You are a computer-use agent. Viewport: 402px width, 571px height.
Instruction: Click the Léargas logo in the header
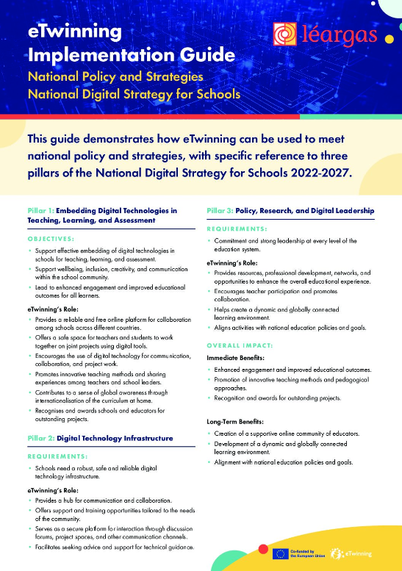324,35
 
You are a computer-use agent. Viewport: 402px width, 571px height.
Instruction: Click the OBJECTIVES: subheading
51,239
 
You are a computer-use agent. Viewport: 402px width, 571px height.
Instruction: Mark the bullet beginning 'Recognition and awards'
280,397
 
